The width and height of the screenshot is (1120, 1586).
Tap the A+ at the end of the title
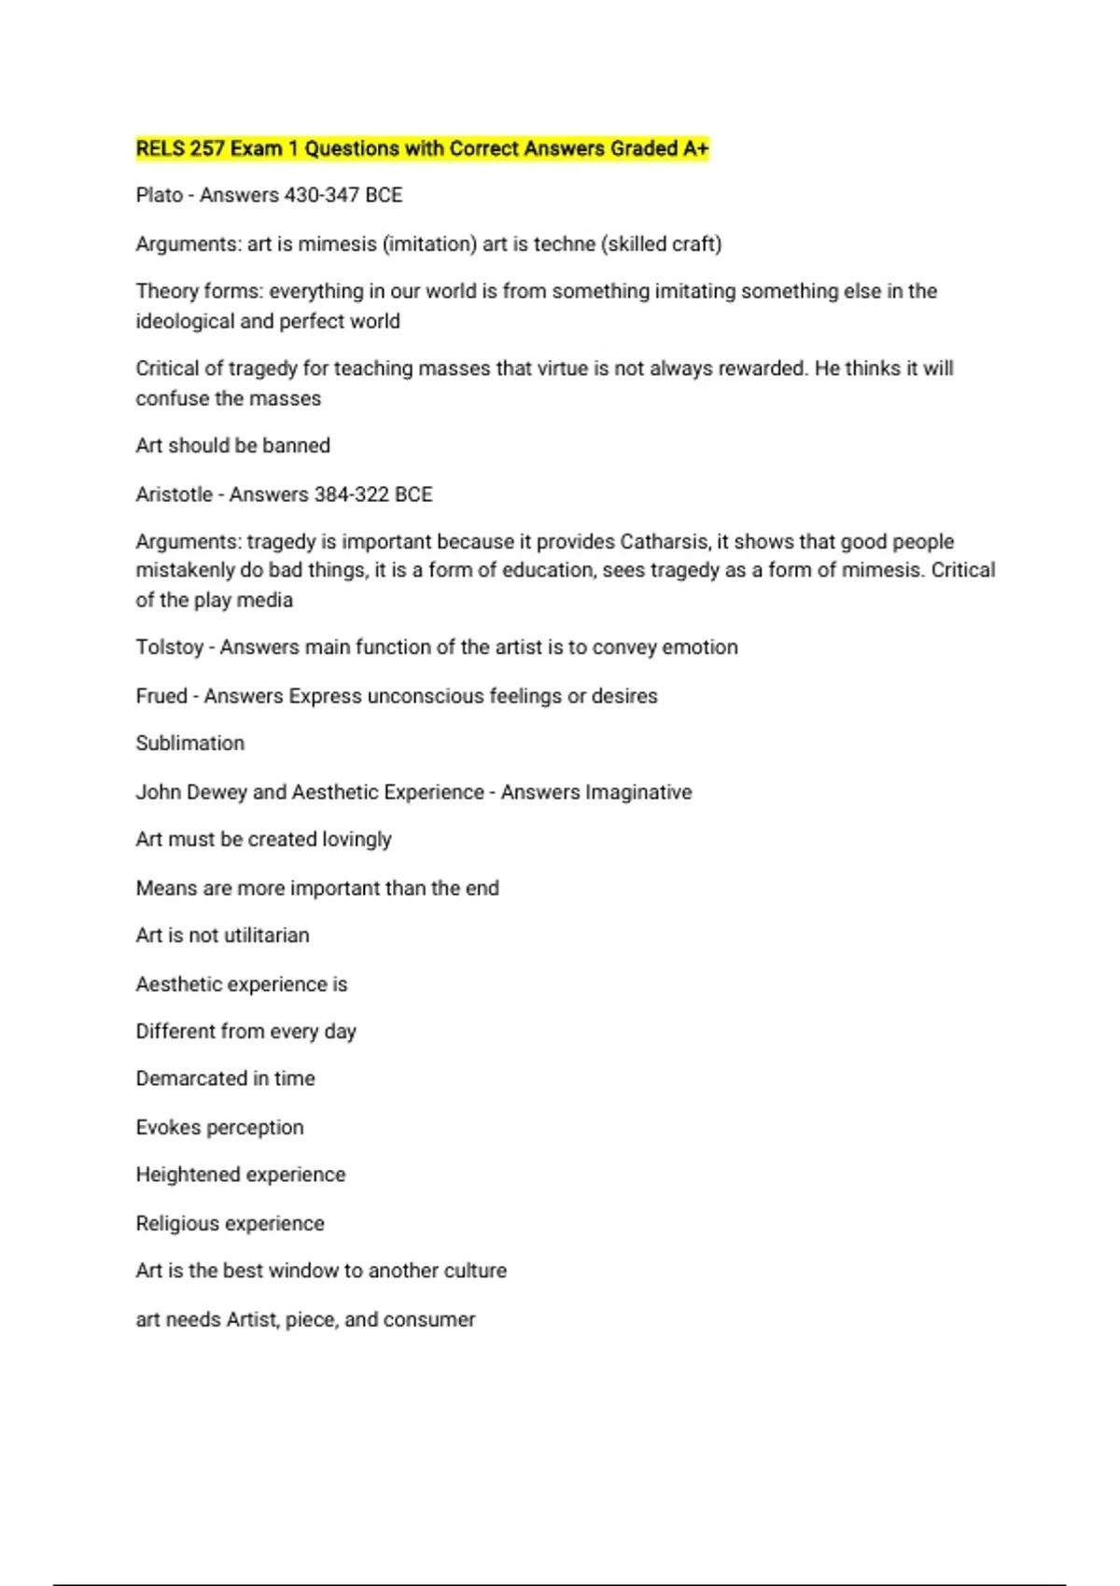click(696, 148)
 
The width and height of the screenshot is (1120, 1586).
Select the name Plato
click(159, 195)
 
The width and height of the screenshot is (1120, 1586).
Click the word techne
click(564, 243)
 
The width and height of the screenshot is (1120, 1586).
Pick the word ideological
click(185, 321)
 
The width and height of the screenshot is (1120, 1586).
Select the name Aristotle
click(174, 494)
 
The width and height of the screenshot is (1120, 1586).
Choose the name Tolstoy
click(169, 647)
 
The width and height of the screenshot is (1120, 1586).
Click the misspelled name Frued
click(161, 695)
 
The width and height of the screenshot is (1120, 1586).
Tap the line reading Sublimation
click(190, 743)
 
